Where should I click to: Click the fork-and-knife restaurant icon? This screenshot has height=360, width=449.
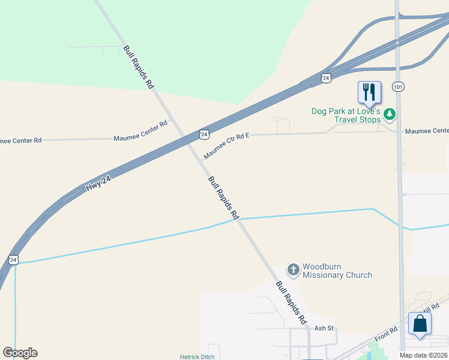click(x=369, y=92)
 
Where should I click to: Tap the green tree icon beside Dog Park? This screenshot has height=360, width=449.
click(x=390, y=113)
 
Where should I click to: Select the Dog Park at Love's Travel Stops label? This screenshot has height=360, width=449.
click(x=346, y=115)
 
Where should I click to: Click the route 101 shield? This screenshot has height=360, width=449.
click(x=398, y=86)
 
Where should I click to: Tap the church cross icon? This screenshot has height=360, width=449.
click(x=293, y=270)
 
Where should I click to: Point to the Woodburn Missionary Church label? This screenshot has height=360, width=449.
click(x=337, y=271)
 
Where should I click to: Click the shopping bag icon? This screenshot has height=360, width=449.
click(x=420, y=324)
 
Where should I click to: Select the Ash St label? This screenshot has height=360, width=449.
click(x=324, y=329)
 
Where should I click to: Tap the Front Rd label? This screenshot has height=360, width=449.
click(x=386, y=334)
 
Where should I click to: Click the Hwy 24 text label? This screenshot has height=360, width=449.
click(x=99, y=182)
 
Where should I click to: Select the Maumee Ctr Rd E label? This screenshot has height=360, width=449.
click(x=226, y=147)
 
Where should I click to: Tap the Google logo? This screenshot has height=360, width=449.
click(x=20, y=353)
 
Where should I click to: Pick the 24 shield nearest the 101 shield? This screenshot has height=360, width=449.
click(x=325, y=78)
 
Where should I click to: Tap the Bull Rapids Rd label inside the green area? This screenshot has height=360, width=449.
click(x=138, y=67)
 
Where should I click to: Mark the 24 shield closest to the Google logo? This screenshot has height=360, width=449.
click(x=13, y=260)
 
